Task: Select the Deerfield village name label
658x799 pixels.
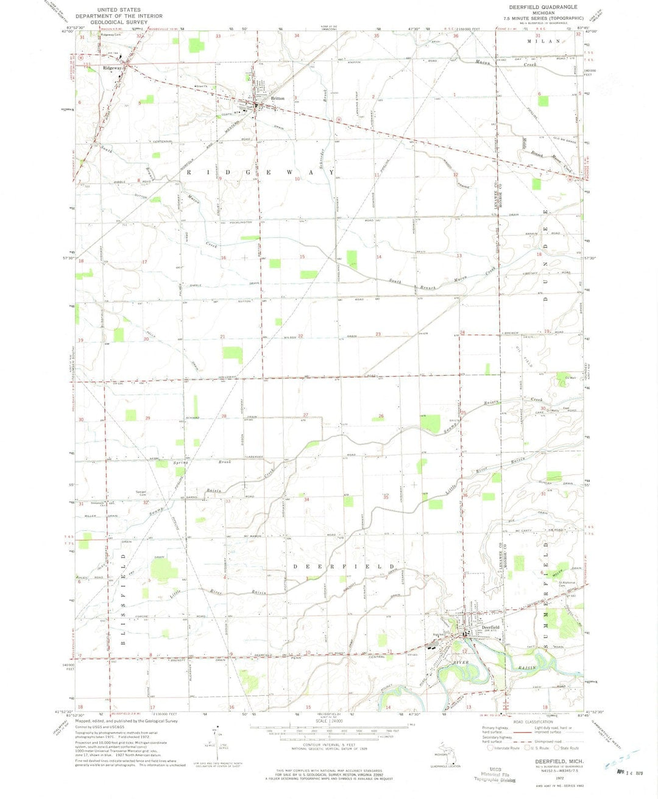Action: [491, 627]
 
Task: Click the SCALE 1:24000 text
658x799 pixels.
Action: [329, 723]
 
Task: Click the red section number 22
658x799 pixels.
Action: [300, 336]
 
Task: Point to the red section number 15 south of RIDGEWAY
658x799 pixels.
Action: [302, 257]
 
